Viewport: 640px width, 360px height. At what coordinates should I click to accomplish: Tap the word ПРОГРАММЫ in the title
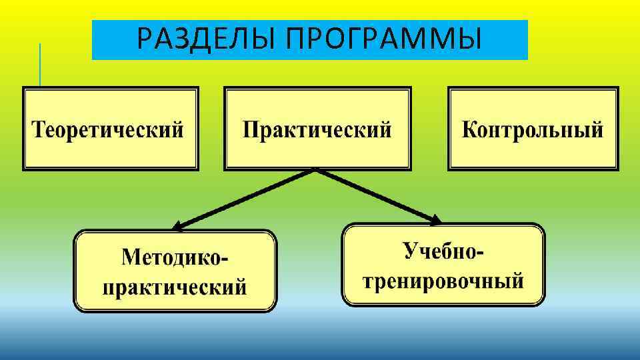[383, 40]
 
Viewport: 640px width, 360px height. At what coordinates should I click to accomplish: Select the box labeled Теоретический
[111, 129]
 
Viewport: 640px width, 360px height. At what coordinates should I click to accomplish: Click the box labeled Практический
[317, 129]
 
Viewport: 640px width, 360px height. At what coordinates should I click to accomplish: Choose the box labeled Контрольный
[533, 129]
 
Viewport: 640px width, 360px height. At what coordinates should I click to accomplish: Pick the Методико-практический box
[175, 271]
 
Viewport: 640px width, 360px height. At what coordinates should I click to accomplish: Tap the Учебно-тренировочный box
[443, 265]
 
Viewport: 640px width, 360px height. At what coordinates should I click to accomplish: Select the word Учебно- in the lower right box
[444, 251]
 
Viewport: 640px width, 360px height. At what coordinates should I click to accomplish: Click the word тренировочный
[443, 280]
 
